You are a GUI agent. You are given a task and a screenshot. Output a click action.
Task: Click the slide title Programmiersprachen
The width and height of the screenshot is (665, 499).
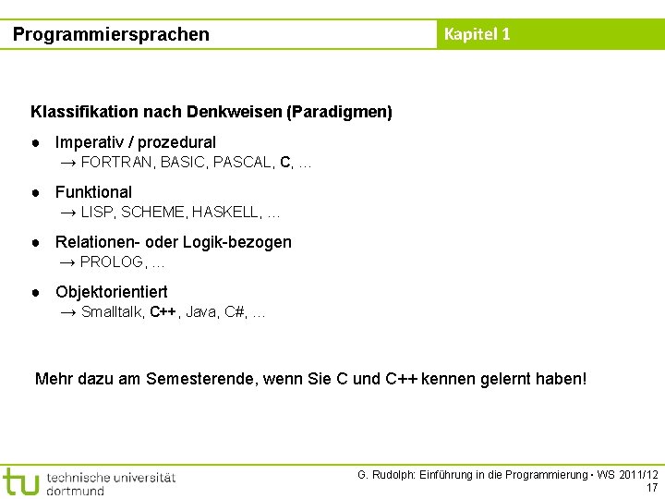click(x=111, y=34)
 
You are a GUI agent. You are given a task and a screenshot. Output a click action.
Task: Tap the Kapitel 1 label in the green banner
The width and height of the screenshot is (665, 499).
click(x=477, y=34)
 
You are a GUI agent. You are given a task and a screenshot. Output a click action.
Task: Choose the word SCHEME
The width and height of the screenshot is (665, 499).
click(x=152, y=213)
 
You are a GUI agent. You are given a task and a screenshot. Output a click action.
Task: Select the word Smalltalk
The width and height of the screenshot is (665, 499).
click(x=112, y=312)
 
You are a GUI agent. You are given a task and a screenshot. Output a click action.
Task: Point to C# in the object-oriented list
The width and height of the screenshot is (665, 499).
click(x=234, y=312)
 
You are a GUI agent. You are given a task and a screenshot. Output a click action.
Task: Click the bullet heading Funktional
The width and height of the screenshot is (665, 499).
click(x=93, y=192)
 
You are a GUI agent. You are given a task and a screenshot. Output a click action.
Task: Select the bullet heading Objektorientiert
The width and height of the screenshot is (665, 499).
click(x=111, y=292)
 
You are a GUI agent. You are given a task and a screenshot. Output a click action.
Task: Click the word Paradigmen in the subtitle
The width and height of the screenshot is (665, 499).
click(x=338, y=112)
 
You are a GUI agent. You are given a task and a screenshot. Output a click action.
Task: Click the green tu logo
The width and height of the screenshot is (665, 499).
click(x=20, y=481)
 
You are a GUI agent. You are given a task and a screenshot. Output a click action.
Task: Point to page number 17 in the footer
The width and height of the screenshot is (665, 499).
click(x=652, y=487)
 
